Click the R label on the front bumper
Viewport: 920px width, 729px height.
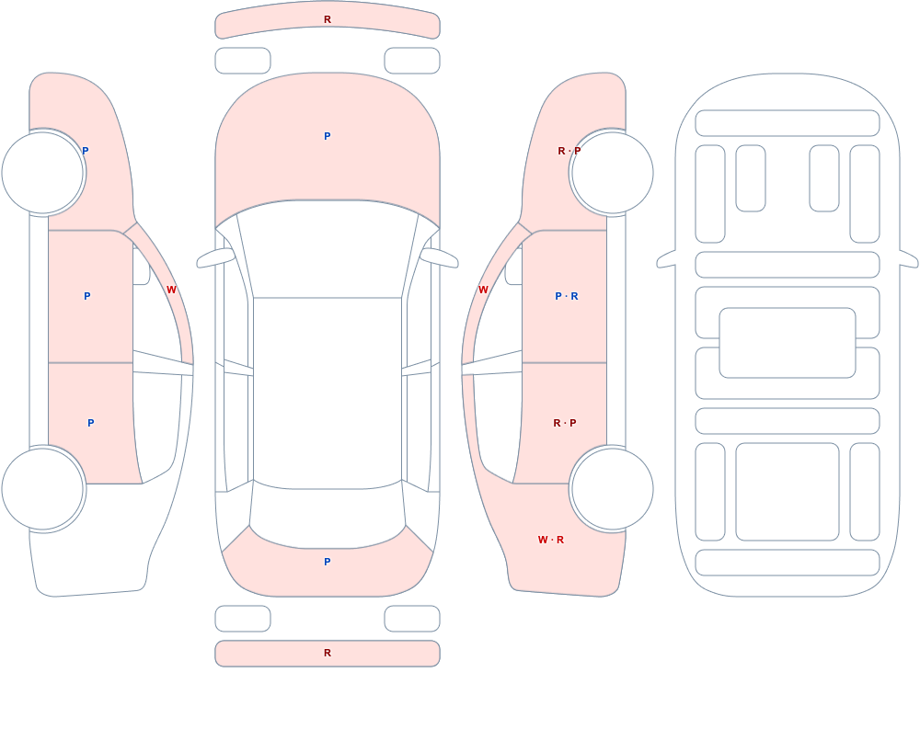328,19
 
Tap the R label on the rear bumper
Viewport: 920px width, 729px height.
328,653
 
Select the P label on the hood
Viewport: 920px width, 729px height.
328,136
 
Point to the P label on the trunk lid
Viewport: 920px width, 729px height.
328,562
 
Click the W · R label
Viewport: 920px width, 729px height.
551,540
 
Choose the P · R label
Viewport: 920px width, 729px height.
567,296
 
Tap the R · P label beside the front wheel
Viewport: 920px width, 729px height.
569,151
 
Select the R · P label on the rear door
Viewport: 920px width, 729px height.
565,423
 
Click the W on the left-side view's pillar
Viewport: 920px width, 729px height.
171,290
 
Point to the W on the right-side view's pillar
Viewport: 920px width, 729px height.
483,290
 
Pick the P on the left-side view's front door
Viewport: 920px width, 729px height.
87,296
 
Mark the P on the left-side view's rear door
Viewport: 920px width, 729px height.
91,423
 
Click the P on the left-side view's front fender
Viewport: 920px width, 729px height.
86,151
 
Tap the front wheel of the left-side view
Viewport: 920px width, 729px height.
43,173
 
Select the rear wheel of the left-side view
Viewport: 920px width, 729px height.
43,488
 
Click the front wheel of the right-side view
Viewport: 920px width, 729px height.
613,173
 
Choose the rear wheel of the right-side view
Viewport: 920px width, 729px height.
613,488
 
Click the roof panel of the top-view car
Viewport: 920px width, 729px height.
328,393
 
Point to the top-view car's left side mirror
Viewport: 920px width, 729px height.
215,258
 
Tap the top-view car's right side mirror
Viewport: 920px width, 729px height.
440,258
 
